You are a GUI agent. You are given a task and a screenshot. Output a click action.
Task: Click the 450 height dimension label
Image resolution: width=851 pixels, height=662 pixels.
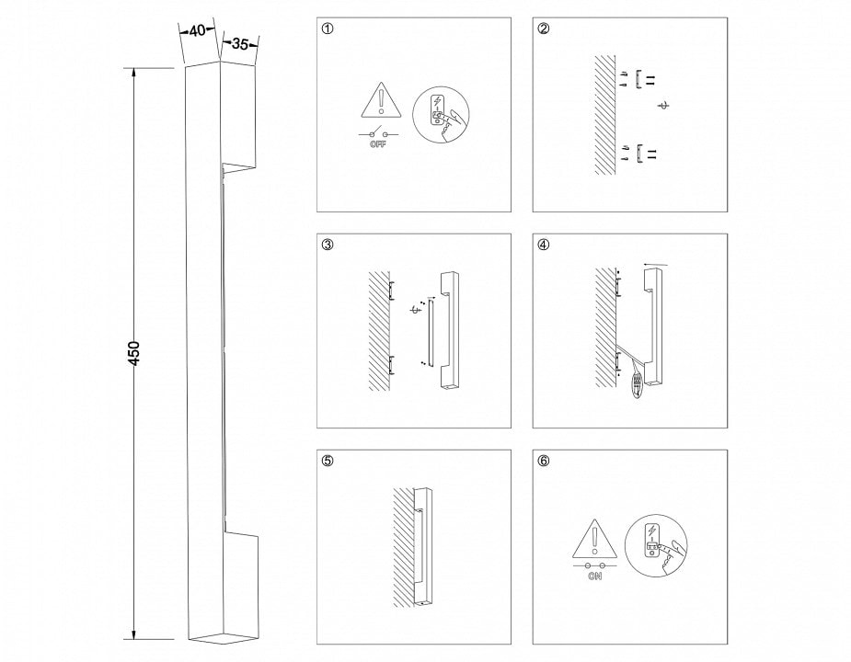click(x=134, y=353)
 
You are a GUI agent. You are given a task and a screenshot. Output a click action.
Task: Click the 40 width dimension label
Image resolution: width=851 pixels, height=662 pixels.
click(x=198, y=31)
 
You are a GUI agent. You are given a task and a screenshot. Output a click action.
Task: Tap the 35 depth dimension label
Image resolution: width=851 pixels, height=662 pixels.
click(x=240, y=44)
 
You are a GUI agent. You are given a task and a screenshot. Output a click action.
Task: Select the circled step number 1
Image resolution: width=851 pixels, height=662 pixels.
click(x=328, y=29)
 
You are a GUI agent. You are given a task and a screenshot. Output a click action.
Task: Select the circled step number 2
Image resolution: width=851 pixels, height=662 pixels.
click(x=544, y=29)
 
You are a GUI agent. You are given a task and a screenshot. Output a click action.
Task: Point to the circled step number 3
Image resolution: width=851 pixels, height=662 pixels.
click(x=328, y=245)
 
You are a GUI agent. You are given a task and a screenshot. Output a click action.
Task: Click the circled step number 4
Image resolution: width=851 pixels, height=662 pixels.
click(x=544, y=245)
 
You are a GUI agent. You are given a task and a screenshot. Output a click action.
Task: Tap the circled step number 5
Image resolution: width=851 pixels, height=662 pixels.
click(x=328, y=461)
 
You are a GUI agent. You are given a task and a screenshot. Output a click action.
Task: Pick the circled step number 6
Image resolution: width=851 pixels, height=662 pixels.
click(x=544, y=461)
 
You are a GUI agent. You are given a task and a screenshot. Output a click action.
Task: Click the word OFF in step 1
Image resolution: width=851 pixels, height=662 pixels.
click(x=378, y=144)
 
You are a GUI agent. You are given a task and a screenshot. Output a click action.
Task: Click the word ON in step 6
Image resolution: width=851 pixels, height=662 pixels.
click(x=595, y=576)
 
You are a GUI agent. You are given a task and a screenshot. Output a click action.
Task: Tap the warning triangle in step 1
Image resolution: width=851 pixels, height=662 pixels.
click(x=382, y=100)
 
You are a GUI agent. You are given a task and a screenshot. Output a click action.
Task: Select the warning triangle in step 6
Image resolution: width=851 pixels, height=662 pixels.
click(x=595, y=538)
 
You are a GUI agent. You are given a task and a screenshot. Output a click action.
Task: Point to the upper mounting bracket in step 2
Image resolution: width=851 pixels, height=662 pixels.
click(x=638, y=79)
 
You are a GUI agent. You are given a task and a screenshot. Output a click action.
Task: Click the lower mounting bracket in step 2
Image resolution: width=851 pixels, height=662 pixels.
click(x=639, y=154)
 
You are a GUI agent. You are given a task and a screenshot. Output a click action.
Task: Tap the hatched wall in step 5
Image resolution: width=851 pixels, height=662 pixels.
click(x=404, y=547)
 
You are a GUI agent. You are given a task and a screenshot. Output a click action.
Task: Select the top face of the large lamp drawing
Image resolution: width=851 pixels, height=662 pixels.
click(x=220, y=64)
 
